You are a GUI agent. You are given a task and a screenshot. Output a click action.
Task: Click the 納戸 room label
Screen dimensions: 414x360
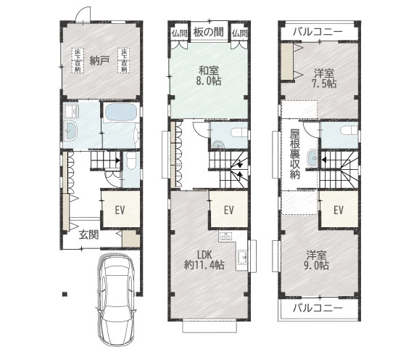tap(99, 61)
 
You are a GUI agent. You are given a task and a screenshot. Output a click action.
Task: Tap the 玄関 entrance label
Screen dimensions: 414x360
tap(89, 234)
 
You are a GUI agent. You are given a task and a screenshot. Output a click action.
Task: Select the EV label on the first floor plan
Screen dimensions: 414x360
tap(120, 210)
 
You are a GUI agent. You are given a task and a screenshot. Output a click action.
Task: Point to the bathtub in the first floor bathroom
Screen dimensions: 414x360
tap(120, 112)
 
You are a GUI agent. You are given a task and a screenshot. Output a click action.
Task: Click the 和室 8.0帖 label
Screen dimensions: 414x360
tap(209, 76)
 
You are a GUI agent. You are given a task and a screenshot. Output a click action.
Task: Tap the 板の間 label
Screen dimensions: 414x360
tap(209, 32)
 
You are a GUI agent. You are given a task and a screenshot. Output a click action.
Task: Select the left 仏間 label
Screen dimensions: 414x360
tap(180, 33)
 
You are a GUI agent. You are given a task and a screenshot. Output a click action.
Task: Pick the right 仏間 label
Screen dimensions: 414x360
tap(240, 33)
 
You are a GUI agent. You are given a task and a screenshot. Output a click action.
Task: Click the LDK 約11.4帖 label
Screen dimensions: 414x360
tap(204, 260)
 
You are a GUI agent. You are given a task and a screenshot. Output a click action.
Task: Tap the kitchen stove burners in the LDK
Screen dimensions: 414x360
tap(225, 236)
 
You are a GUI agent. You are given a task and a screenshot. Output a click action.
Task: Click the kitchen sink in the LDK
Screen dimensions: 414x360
tap(242, 257)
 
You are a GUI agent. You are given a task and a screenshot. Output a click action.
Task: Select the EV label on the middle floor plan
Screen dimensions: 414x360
tap(229, 210)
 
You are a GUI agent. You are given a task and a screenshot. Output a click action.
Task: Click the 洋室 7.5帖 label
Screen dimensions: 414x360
tap(324, 78)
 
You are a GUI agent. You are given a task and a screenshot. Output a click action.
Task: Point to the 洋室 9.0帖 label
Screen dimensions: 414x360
tap(316, 260)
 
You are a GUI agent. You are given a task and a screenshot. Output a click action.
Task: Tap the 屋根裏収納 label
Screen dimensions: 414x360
tap(295, 154)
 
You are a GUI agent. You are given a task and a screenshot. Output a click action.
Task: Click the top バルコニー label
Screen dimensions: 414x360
tap(318, 32)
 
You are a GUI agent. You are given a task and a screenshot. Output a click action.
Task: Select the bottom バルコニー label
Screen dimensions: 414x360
tap(318, 308)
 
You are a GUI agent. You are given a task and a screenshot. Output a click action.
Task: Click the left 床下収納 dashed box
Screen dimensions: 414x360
tap(78, 60)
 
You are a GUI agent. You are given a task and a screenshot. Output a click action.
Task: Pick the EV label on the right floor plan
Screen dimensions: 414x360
tap(339, 210)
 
